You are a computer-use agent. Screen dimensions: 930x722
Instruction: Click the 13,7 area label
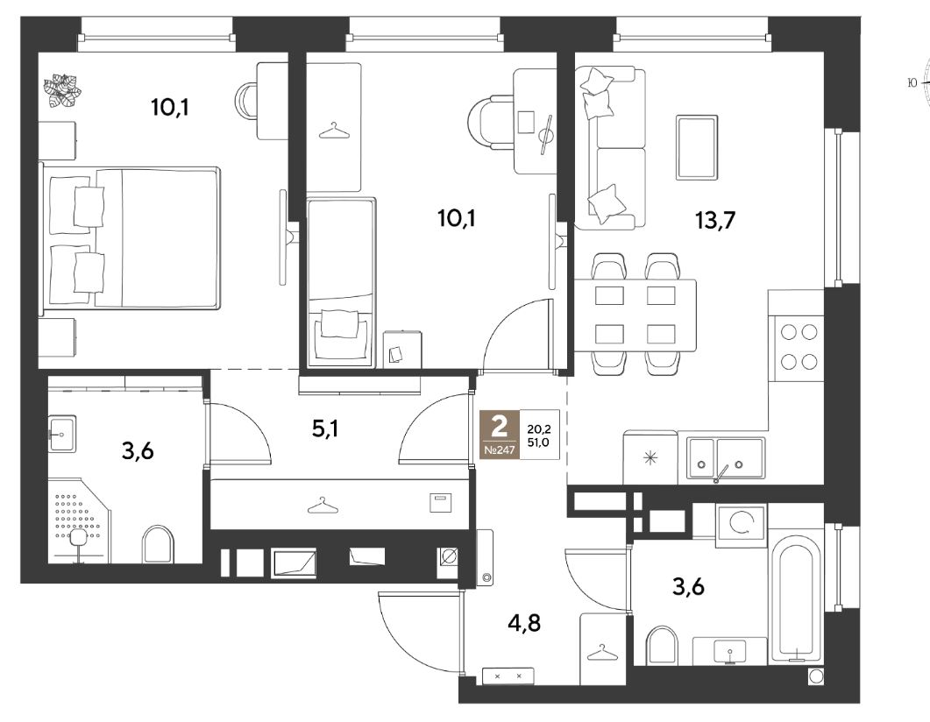(x=715, y=221)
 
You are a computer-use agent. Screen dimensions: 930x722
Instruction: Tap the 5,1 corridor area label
(x=325, y=428)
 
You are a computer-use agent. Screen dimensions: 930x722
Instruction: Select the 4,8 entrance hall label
(x=526, y=624)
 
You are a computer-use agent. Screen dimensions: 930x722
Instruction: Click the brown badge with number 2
(x=500, y=434)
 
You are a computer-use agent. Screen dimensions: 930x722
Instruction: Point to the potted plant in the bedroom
(x=61, y=91)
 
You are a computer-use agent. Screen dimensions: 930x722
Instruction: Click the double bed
(x=130, y=237)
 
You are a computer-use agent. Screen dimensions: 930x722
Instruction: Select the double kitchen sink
(x=726, y=457)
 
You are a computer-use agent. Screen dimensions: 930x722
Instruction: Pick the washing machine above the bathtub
(x=741, y=525)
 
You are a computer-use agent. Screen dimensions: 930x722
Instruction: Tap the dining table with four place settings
(x=635, y=315)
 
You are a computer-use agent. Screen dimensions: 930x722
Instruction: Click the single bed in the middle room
(x=342, y=282)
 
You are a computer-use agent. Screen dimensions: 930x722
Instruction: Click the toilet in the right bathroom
(x=662, y=646)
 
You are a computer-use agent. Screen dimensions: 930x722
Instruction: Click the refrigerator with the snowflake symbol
(x=650, y=457)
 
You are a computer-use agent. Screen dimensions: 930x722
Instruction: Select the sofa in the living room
(x=610, y=147)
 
